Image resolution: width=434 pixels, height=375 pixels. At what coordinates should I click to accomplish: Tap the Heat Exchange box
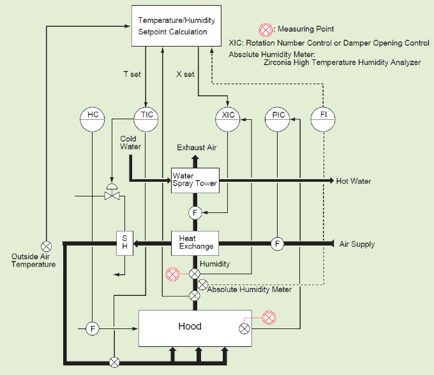click(195, 242)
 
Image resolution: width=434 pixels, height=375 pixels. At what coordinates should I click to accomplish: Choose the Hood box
click(190, 327)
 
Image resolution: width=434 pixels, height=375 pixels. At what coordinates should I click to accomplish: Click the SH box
click(124, 242)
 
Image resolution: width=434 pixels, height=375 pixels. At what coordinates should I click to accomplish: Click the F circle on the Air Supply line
click(277, 243)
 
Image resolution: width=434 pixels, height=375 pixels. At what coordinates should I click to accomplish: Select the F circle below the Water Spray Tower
click(195, 212)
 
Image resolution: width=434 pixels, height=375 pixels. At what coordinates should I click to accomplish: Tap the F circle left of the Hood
click(93, 328)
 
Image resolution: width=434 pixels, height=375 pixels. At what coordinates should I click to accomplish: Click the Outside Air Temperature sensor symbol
click(47, 246)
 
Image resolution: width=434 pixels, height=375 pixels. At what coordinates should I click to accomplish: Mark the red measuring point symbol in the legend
click(265, 29)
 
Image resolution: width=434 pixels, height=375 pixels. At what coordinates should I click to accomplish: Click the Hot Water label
click(354, 181)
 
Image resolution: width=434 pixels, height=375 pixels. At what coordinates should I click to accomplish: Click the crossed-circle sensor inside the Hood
click(244, 328)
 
